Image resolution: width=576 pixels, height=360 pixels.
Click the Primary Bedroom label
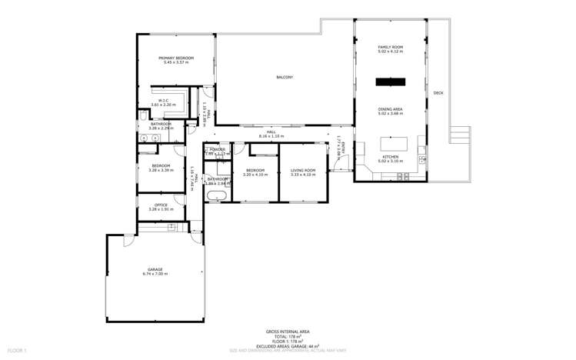pyautogui.click(x=176, y=58)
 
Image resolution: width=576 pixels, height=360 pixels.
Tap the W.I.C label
pyautogui.click(x=164, y=100)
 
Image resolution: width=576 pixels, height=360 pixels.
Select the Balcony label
pyautogui.click(x=285, y=77)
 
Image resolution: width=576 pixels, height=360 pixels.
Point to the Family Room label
pyautogui.click(x=390, y=47)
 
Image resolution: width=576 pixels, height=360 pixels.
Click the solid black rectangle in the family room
pyautogui.click(x=390, y=82)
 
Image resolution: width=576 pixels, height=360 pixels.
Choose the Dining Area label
pyautogui.click(x=390, y=109)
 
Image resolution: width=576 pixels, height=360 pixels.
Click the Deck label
pyautogui.click(x=438, y=93)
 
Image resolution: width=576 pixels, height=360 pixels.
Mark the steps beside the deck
pyautogui.click(x=460, y=135)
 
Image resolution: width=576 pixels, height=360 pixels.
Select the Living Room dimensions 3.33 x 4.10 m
pyautogui.click(x=303, y=175)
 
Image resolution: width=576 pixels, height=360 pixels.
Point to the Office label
pyautogui.click(x=161, y=205)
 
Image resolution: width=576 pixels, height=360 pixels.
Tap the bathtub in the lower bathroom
pyautogui.click(x=215, y=196)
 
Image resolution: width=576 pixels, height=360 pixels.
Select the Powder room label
pyautogui.click(x=218, y=149)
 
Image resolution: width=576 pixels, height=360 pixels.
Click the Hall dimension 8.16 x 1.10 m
pyautogui.click(x=271, y=136)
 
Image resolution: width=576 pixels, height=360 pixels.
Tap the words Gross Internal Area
pyautogui.click(x=288, y=332)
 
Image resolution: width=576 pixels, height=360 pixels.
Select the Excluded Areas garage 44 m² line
pyautogui.click(x=288, y=346)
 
